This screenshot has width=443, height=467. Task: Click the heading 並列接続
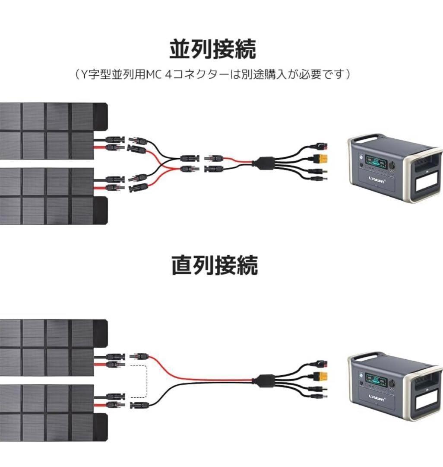(x=212, y=49)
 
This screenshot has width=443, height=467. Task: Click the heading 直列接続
(x=215, y=265)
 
